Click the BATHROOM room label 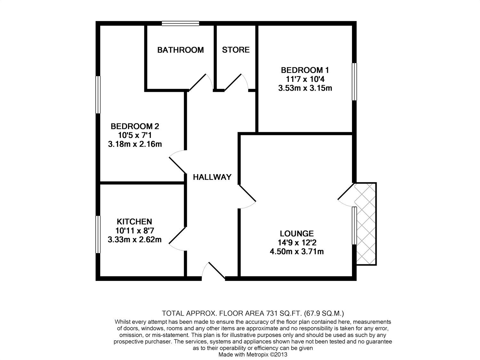click(180, 50)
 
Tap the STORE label click(236, 50)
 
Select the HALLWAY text click(212, 177)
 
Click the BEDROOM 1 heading click(305, 70)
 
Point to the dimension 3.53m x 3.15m click(305, 88)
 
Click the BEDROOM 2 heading click(135, 126)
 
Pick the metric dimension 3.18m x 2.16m click(135, 144)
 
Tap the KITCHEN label click(134, 221)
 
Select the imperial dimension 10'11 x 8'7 click(134, 230)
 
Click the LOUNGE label click(297, 234)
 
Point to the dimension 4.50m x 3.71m click(297, 252)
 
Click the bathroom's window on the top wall click(180, 23)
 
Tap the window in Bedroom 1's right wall click(354, 82)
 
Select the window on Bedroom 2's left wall click(98, 94)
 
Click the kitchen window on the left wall click(98, 235)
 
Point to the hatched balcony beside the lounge click(365, 224)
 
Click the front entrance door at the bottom click(214, 272)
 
